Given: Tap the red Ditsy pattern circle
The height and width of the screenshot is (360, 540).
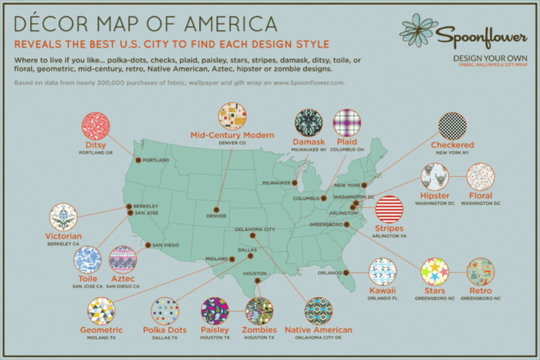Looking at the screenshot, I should (96, 126).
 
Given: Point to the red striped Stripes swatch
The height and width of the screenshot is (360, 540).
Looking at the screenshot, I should (389, 209).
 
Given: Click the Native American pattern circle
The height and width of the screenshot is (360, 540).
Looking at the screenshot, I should (318, 311).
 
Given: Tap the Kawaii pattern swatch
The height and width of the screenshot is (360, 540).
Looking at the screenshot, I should (382, 271).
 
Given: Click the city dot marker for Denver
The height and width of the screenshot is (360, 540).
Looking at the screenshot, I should (215, 209).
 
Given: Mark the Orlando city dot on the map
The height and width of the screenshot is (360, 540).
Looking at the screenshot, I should (345, 272).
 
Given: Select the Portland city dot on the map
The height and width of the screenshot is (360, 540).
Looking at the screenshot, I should (138, 160).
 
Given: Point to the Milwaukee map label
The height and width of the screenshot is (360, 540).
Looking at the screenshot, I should (276, 182).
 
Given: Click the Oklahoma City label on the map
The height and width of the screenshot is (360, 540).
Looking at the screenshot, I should (255, 229).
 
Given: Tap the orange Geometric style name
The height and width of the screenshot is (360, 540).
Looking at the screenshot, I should (101, 330).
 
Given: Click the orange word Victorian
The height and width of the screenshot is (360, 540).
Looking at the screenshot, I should (63, 237).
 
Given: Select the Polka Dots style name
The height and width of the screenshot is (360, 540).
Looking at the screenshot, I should (165, 330).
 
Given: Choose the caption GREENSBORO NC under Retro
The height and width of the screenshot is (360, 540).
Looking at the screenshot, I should (480, 298).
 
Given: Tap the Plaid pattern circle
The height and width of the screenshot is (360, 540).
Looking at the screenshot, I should (347, 122).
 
